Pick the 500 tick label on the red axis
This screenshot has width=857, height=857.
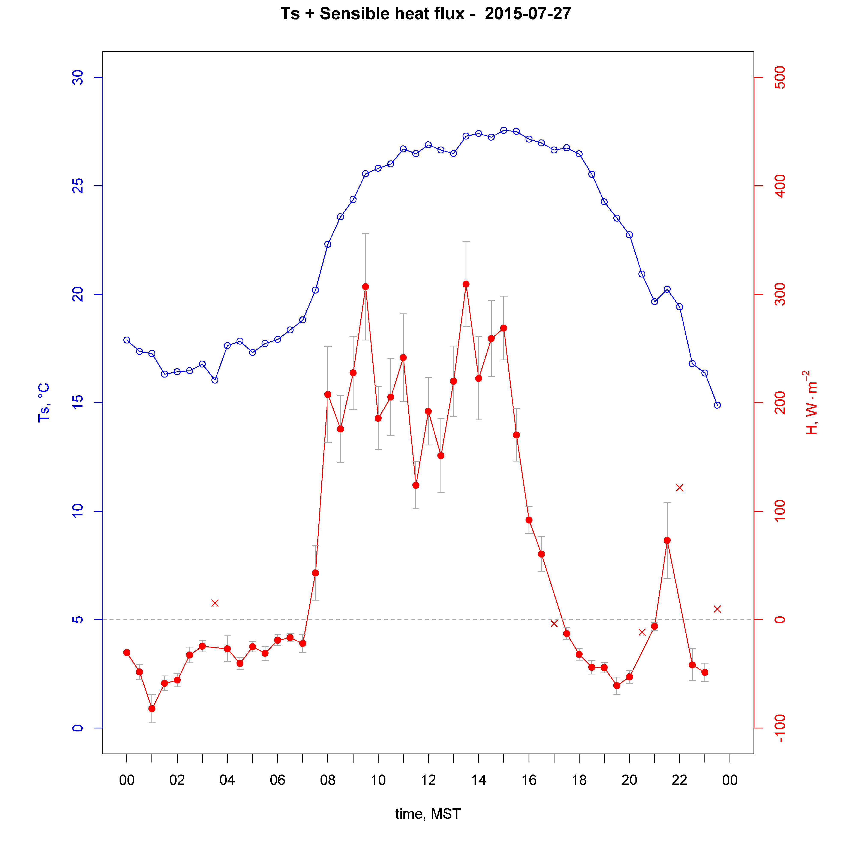pos(779,78)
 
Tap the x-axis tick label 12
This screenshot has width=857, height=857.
pos(428,780)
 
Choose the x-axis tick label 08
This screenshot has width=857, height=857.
pos(328,780)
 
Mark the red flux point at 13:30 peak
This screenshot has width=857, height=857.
pos(466,284)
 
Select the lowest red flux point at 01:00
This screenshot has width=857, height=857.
pos(152,709)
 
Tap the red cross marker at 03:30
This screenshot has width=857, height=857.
pos(215,603)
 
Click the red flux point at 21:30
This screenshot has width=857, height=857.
pos(667,540)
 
